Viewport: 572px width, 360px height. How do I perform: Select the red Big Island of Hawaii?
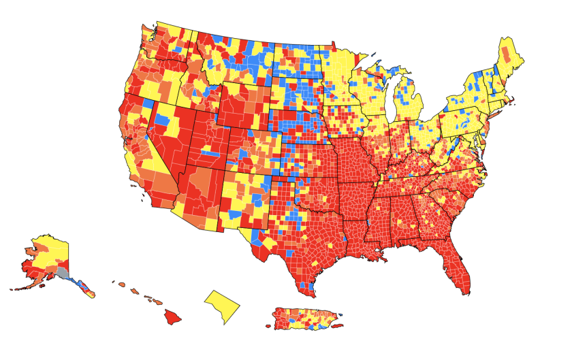172,316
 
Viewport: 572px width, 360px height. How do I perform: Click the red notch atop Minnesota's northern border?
334,46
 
